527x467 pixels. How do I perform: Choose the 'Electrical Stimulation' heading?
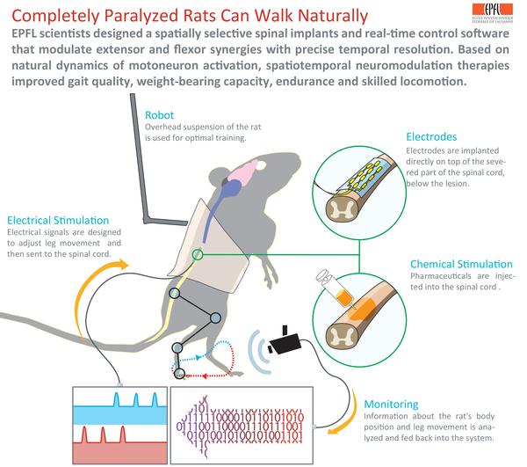[x=58, y=219]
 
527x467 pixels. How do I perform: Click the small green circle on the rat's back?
[x=198, y=255]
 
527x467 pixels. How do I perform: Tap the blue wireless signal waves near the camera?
[x=256, y=346]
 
